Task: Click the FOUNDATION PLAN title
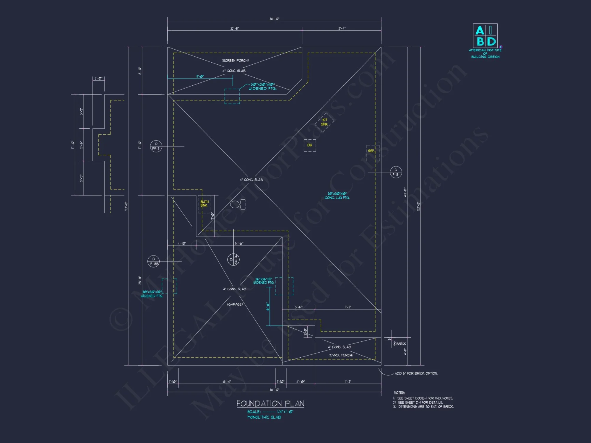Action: [x=270, y=403]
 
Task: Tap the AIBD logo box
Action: [x=485, y=36]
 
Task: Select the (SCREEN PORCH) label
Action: [x=235, y=61]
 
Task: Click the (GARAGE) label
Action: [x=235, y=304]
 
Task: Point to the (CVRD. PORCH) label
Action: [x=341, y=355]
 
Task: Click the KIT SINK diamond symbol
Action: [x=324, y=122]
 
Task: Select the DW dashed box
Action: [x=310, y=145]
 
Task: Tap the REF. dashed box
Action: [x=373, y=153]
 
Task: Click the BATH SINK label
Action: [x=204, y=203]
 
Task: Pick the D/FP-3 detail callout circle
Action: [x=156, y=146]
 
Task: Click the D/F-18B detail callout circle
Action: [x=154, y=261]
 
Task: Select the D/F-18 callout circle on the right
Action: [x=396, y=172]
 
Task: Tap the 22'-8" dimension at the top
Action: [x=235, y=28]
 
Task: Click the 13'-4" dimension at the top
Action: [x=341, y=28]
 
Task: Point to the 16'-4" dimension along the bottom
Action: [x=227, y=382]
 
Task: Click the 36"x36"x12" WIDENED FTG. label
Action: [x=264, y=281]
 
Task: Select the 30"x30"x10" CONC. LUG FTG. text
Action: [x=337, y=196]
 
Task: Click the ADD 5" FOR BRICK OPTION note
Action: [x=416, y=373]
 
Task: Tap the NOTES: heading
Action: [x=399, y=392]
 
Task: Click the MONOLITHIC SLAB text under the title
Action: [x=264, y=417]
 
